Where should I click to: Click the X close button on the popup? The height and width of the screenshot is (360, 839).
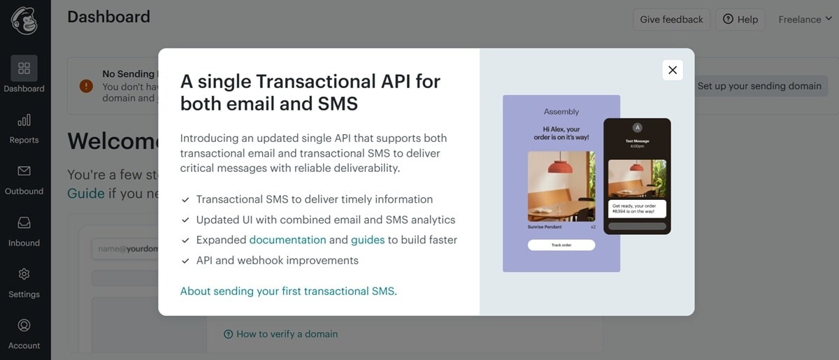[673, 70]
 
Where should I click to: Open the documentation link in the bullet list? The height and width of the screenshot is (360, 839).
[287, 240]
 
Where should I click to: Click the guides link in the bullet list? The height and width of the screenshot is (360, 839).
[368, 240]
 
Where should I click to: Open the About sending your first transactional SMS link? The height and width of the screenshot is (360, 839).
[287, 291]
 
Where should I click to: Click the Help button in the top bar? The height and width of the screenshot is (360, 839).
[740, 20]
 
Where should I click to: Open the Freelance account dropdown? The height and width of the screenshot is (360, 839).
[805, 20]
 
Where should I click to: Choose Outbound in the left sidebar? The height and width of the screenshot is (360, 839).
[24, 180]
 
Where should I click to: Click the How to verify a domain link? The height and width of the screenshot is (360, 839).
[287, 334]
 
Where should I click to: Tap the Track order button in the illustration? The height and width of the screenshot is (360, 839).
[561, 245]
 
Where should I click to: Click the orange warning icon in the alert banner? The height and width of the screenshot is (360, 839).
[86, 86]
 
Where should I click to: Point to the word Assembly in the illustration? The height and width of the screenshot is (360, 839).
[561, 112]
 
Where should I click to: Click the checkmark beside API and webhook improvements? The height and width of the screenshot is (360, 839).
[185, 261]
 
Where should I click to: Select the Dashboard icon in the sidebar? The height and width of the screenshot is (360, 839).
[24, 69]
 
